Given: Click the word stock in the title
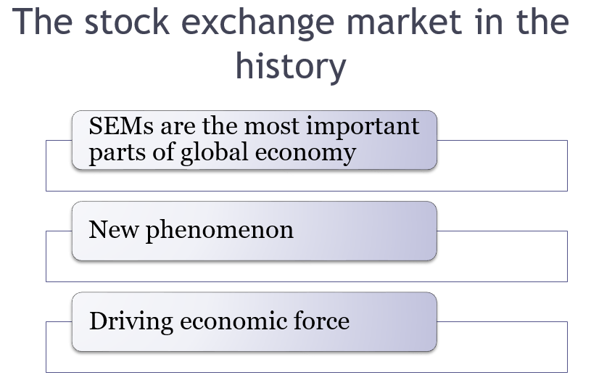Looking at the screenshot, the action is click(x=127, y=22).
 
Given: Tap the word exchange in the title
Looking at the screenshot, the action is click(x=257, y=24).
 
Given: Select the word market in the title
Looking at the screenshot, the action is click(x=404, y=22).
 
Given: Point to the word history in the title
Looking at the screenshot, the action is click(x=291, y=65).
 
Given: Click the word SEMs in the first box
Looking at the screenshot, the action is click(x=121, y=125).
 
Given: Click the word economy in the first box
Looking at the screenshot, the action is click(x=305, y=155).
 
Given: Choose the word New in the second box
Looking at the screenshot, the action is click(x=113, y=229).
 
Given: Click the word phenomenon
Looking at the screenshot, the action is click(x=220, y=231).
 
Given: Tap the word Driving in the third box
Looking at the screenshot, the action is click(x=131, y=322).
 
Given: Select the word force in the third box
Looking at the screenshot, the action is click(x=321, y=321).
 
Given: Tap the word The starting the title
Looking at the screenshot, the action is click(x=42, y=22).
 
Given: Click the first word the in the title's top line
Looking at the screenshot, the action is click(x=542, y=22).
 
